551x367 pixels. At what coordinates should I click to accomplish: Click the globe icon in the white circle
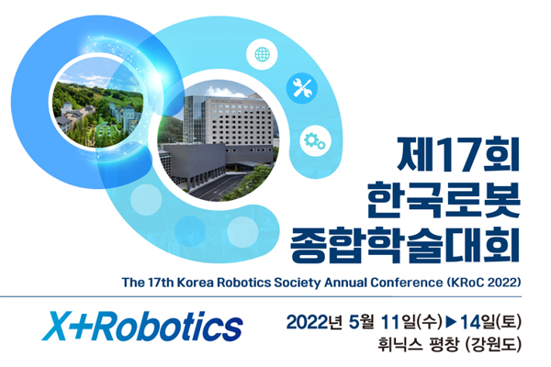click(262, 54)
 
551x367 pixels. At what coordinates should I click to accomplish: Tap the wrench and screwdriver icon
click(302, 88)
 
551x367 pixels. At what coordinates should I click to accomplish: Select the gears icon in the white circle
click(315, 140)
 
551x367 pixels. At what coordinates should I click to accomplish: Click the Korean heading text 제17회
click(458, 154)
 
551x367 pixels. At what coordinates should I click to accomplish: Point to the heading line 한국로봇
click(444, 199)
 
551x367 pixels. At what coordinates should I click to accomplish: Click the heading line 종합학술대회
click(405, 244)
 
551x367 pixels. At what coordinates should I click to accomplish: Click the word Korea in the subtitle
click(195, 283)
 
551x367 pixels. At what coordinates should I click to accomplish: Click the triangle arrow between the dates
click(451, 322)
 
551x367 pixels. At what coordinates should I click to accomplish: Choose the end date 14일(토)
click(490, 322)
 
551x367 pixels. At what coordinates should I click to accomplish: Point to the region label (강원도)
click(492, 345)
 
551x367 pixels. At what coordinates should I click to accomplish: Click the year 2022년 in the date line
click(314, 322)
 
